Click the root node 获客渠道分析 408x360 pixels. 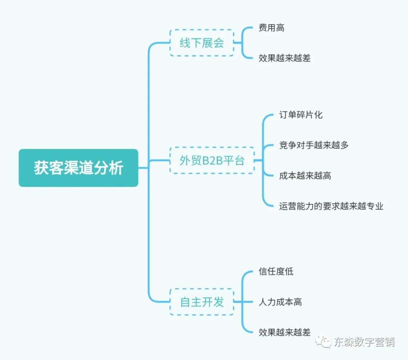(79, 168)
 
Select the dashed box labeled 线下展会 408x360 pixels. (202, 43)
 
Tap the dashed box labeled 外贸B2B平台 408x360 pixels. (212, 160)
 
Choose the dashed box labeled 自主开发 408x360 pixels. (202, 302)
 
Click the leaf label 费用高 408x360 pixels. (271, 28)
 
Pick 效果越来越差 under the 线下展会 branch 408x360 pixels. (284, 58)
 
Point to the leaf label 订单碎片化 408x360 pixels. (301, 115)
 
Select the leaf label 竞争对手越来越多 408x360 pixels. (314, 145)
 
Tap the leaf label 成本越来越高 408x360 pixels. (305, 175)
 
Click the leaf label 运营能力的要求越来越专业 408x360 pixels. (331, 206)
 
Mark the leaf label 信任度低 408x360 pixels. (276, 271)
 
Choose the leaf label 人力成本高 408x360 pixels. (280, 302)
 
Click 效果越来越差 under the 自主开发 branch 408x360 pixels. (284, 332)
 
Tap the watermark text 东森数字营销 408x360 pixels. (364, 342)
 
